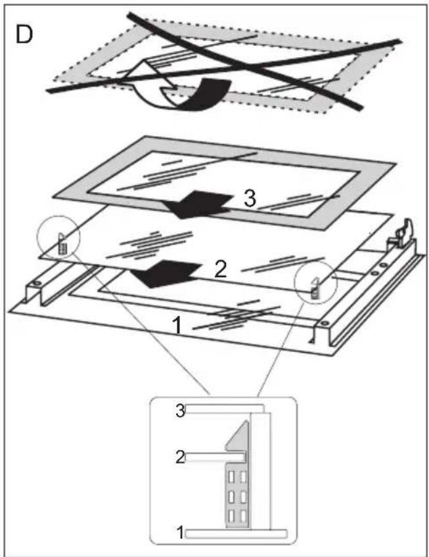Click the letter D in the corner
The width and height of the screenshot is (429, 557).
click(24, 35)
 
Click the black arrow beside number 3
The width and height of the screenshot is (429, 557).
click(198, 204)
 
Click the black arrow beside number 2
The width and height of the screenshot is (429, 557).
click(166, 273)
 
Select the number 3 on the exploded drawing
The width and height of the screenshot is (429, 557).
click(250, 198)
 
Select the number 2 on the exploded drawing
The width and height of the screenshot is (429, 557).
click(220, 270)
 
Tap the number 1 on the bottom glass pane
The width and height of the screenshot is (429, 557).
click(177, 325)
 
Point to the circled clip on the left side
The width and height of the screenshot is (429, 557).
click(62, 244)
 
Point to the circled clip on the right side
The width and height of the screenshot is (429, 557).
click(314, 288)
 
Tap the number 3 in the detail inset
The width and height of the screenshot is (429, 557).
click(181, 411)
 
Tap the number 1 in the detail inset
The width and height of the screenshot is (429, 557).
click(181, 533)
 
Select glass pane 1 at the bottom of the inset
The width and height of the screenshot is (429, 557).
click(236, 533)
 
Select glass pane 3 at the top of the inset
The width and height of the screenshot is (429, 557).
click(225, 409)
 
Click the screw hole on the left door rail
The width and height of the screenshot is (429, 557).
click(36, 283)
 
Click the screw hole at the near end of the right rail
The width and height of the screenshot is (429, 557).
click(324, 324)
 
